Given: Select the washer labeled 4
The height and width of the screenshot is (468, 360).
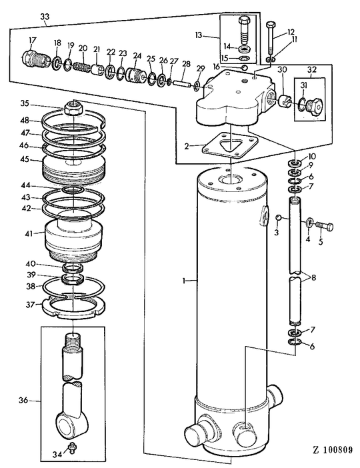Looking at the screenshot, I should (311, 222).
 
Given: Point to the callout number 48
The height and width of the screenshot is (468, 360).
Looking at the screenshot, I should (24, 121).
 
